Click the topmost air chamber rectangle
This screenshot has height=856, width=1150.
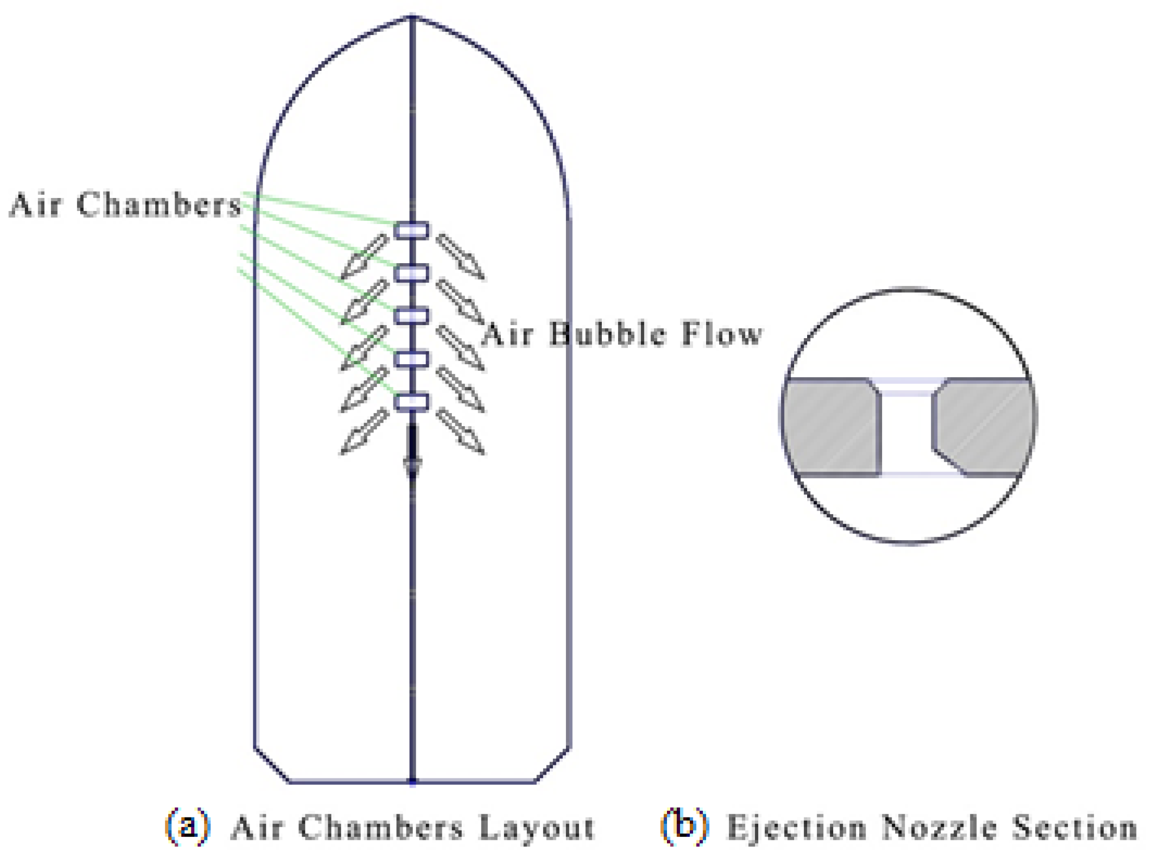[412, 230]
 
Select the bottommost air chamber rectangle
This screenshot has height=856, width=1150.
[412, 402]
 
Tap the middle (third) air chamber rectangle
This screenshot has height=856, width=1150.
[412, 316]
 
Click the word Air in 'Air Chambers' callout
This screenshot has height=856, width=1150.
[35, 204]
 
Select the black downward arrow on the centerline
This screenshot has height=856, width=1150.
[413, 451]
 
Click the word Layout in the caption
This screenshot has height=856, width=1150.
[536, 827]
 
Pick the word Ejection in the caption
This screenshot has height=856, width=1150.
[797, 827]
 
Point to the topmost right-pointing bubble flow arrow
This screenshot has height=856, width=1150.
[461, 256]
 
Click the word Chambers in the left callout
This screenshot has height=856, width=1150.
[159, 204]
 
